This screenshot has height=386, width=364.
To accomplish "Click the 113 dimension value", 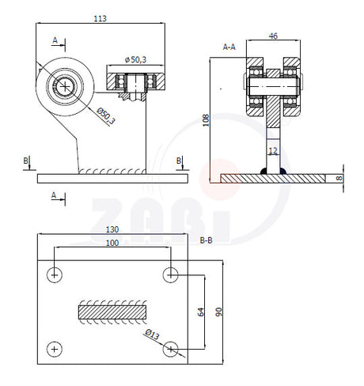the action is (x=100, y=18).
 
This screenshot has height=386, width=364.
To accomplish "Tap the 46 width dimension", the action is (x=273, y=36).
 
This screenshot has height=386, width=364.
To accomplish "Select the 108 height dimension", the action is (x=206, y=120).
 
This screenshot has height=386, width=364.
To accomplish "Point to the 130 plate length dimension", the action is (x=112, y=229).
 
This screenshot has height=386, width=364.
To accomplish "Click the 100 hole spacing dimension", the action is (x=112, y=243).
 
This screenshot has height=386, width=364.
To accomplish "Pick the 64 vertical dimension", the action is (x=201, y=312).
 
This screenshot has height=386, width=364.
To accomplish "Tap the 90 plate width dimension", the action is (x=218, y=312).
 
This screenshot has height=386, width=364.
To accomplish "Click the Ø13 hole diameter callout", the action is (x=152, y=335).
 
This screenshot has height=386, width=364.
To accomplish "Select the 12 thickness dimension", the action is (x=273, y=150).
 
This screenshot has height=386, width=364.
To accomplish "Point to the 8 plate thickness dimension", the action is (x=339, y=178).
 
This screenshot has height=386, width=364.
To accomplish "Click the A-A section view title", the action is (x=229, y=47).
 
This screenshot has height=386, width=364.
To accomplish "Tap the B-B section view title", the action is (x=206, y=240).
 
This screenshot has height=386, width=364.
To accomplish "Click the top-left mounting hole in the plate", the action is (x=55, y=275).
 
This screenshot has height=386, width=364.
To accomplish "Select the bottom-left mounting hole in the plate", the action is (x=55, y=350).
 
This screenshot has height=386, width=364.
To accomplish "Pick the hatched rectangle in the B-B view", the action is (x=112, y=312).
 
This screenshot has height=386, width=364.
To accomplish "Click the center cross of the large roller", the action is (x=65, y=86).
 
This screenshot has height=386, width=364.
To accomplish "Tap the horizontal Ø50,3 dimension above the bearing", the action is (x=135, y=60).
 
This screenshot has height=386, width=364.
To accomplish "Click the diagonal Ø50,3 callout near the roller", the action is (x=106, y=116).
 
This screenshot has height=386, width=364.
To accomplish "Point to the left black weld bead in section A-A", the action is (x=264, y=171).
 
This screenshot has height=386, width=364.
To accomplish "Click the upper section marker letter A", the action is (x=55, y=40).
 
